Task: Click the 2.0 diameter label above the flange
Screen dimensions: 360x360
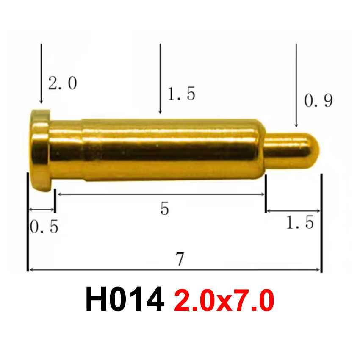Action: click(62, 84)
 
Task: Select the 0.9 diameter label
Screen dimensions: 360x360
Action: click(318, 101)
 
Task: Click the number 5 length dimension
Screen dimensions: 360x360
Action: click(165, 208)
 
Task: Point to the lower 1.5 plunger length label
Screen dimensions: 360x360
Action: click(300, 222)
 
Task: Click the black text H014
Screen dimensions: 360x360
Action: click(125, 300)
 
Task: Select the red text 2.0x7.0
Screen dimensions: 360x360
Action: click(224, 300)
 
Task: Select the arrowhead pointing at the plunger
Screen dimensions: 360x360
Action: click(296, 125)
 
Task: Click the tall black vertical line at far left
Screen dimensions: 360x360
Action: click(27, 220)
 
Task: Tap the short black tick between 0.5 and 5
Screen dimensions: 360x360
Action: click(55, 201)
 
